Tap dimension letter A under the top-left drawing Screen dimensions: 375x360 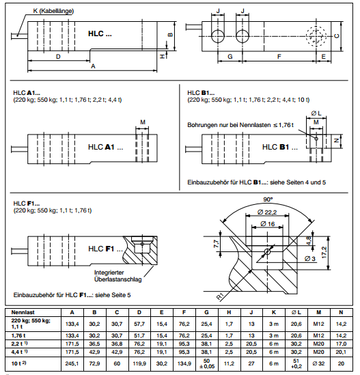click(93, 66)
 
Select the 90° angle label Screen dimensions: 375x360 click(266, 199)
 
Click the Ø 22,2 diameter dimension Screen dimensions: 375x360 click(266, 214)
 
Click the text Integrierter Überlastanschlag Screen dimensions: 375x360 click(115, 276)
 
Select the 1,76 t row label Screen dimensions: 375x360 click(20, 337)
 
